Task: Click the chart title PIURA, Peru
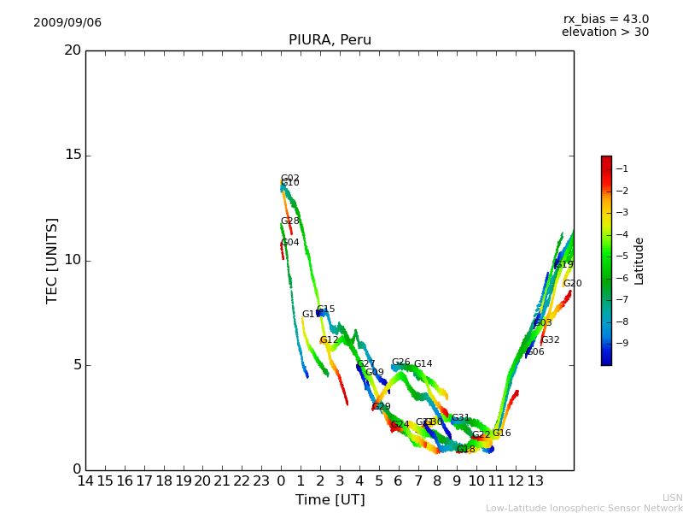[330, 40]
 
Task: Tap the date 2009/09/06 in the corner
[67, 23]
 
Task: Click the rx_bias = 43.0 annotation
[605, 20]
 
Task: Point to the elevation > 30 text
[604, 32]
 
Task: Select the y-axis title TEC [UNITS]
[52, 260]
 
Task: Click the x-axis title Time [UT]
[330, 500]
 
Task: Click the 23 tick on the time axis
[261, 481]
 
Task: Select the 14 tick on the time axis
[86, 481]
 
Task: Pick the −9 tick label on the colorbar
[622, 343]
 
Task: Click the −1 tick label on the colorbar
[622, 169]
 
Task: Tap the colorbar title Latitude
[639, 261]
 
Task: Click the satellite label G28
[290, 221]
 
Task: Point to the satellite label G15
[326, 310]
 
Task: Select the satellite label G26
[401, 363]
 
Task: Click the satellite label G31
[461, 418]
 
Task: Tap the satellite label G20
[572, 284]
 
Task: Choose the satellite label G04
[290, 243]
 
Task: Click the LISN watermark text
[672, 498]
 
